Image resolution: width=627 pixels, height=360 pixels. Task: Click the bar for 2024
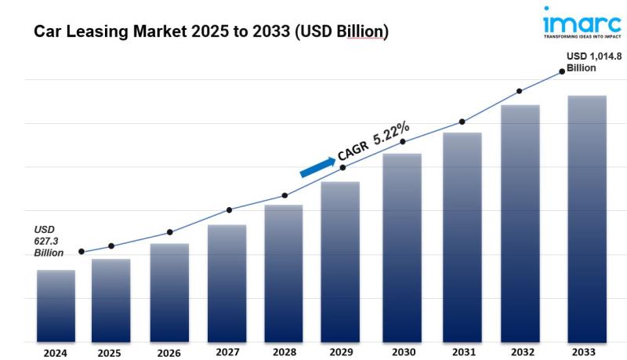(56, 306)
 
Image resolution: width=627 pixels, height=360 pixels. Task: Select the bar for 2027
(227, 283)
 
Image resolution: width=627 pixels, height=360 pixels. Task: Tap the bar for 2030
(402, 247)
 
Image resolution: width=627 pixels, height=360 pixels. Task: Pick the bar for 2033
(587, 219)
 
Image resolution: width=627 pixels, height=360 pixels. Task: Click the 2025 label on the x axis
(110, 353)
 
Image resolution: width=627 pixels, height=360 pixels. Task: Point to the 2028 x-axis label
(283, 352)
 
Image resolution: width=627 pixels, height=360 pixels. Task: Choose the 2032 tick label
(520, 352)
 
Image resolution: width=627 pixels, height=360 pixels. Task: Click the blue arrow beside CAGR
(317, 165)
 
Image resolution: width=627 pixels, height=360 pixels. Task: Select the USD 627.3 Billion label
(49, 242)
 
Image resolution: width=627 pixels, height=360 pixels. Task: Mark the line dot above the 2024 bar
(82, 252)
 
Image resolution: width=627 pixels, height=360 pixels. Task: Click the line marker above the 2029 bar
(342, 167)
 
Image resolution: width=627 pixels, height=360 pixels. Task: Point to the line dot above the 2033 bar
(562, 71)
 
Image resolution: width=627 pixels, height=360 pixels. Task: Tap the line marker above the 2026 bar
(169, 232)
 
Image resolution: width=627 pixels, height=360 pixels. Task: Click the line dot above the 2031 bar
(462, 122)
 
